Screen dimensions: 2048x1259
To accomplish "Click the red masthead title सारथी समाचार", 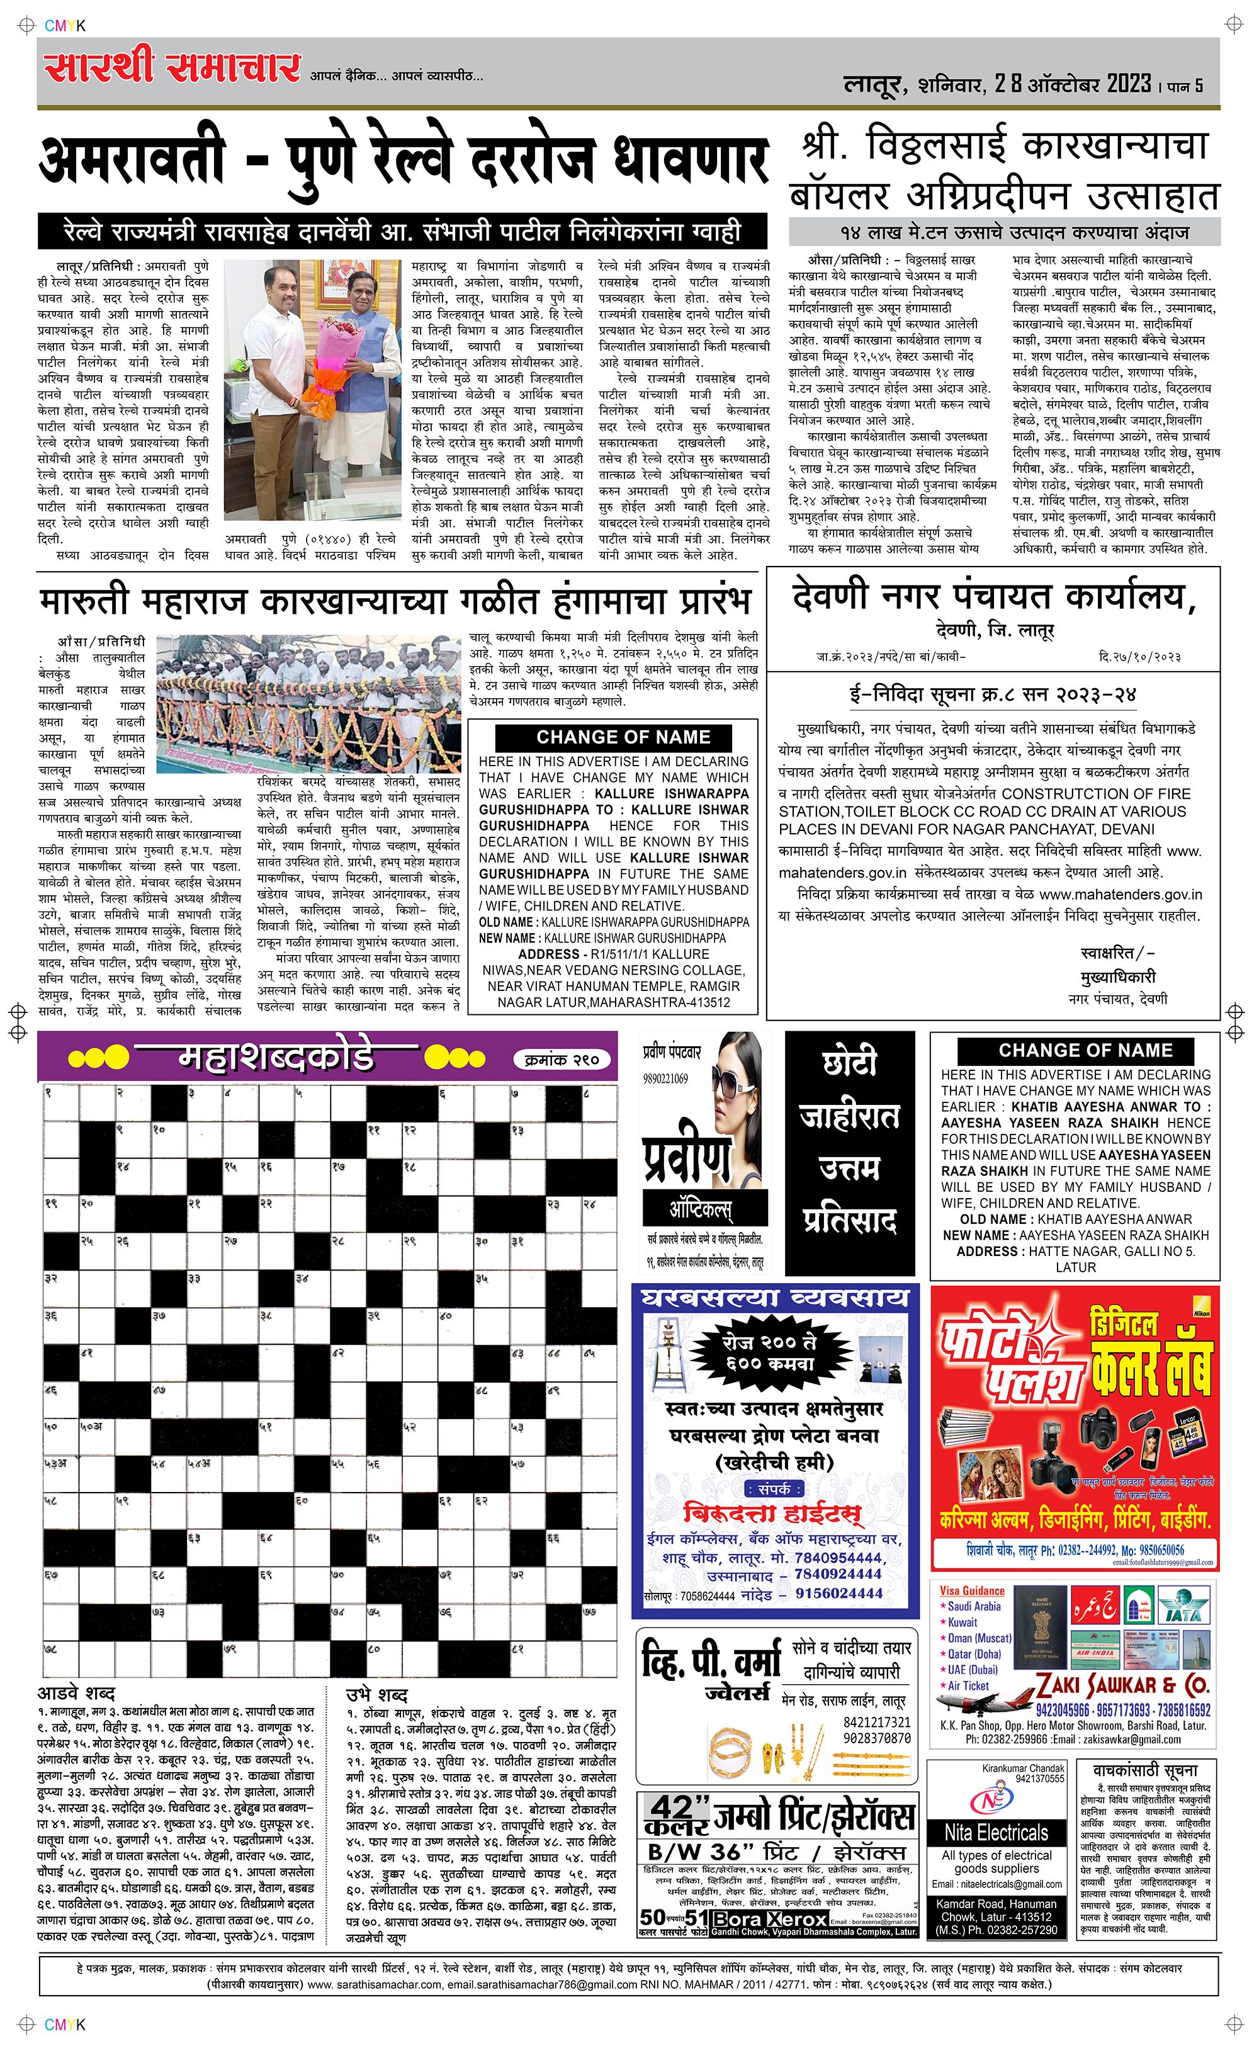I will [x=172, y=68].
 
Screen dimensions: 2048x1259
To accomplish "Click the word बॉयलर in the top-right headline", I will [x=841, y=196].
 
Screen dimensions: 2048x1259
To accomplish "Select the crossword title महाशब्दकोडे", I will [x=276, y=1058].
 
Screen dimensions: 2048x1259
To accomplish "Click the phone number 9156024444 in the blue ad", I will [x=838, y=1593].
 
